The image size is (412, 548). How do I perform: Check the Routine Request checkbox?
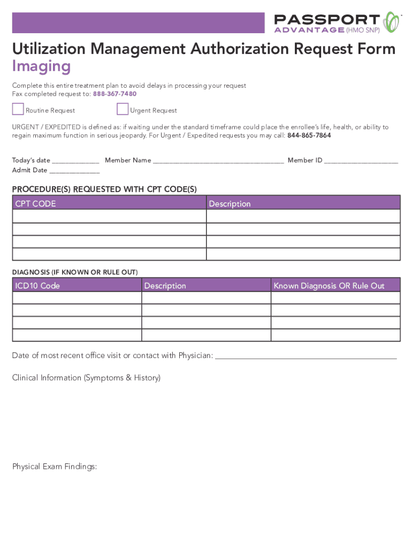click(18, 109)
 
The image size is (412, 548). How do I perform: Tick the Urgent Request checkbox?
click(123, 109)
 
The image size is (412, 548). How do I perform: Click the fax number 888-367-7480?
click(115, 94)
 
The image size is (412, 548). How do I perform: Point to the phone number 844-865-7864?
click(309, 135)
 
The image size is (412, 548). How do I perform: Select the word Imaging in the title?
click(41, 66)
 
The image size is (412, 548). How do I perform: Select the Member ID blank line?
click(361, 161)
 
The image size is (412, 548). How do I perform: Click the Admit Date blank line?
click(74, 171)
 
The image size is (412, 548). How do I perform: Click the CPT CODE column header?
click(35, 203)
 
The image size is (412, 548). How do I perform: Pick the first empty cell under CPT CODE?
click(109, 216)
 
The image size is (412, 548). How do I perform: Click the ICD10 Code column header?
click(37, 286)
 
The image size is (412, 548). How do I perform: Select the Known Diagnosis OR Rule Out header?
click(329, 286)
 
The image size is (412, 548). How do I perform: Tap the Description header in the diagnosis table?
click(165, 286)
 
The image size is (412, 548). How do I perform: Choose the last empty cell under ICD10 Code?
click(77, 335)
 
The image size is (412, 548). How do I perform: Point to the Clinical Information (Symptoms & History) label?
click(86, 378)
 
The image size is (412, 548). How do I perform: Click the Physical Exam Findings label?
click(55, 467)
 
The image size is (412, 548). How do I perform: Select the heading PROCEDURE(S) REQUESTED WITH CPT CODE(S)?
click(104, 189)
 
